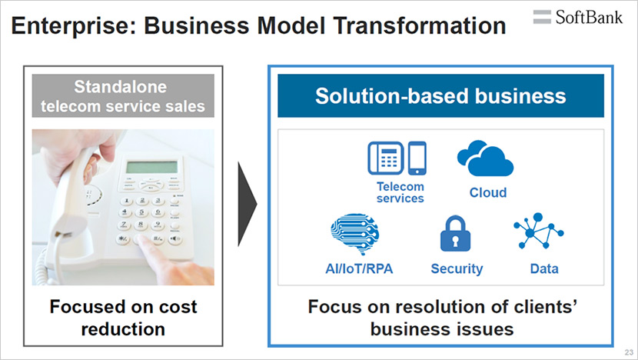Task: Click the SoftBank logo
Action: click(578, 17)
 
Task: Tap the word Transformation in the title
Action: click(420, 25)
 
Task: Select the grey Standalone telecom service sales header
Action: click(123, 95)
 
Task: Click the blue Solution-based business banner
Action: click(440, 95)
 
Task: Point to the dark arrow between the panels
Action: click(248, 204)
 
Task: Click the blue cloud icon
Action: click(485, 158)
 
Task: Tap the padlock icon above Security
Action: click(455, 233)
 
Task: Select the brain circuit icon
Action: click(355, 234)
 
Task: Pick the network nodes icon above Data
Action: click(539, 231)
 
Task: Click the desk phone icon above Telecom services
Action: click(386, 158)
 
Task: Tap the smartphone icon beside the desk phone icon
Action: click(417, 158)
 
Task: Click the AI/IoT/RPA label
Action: click(359, 268)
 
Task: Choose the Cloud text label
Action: click(488, 192)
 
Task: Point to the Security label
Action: click(457, 268)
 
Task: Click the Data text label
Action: click(544, 268)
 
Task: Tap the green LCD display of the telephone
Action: click(151, 167)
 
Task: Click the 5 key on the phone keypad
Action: click(141, 212)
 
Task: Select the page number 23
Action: click(629, 352)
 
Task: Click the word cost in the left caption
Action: click(178, 307)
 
